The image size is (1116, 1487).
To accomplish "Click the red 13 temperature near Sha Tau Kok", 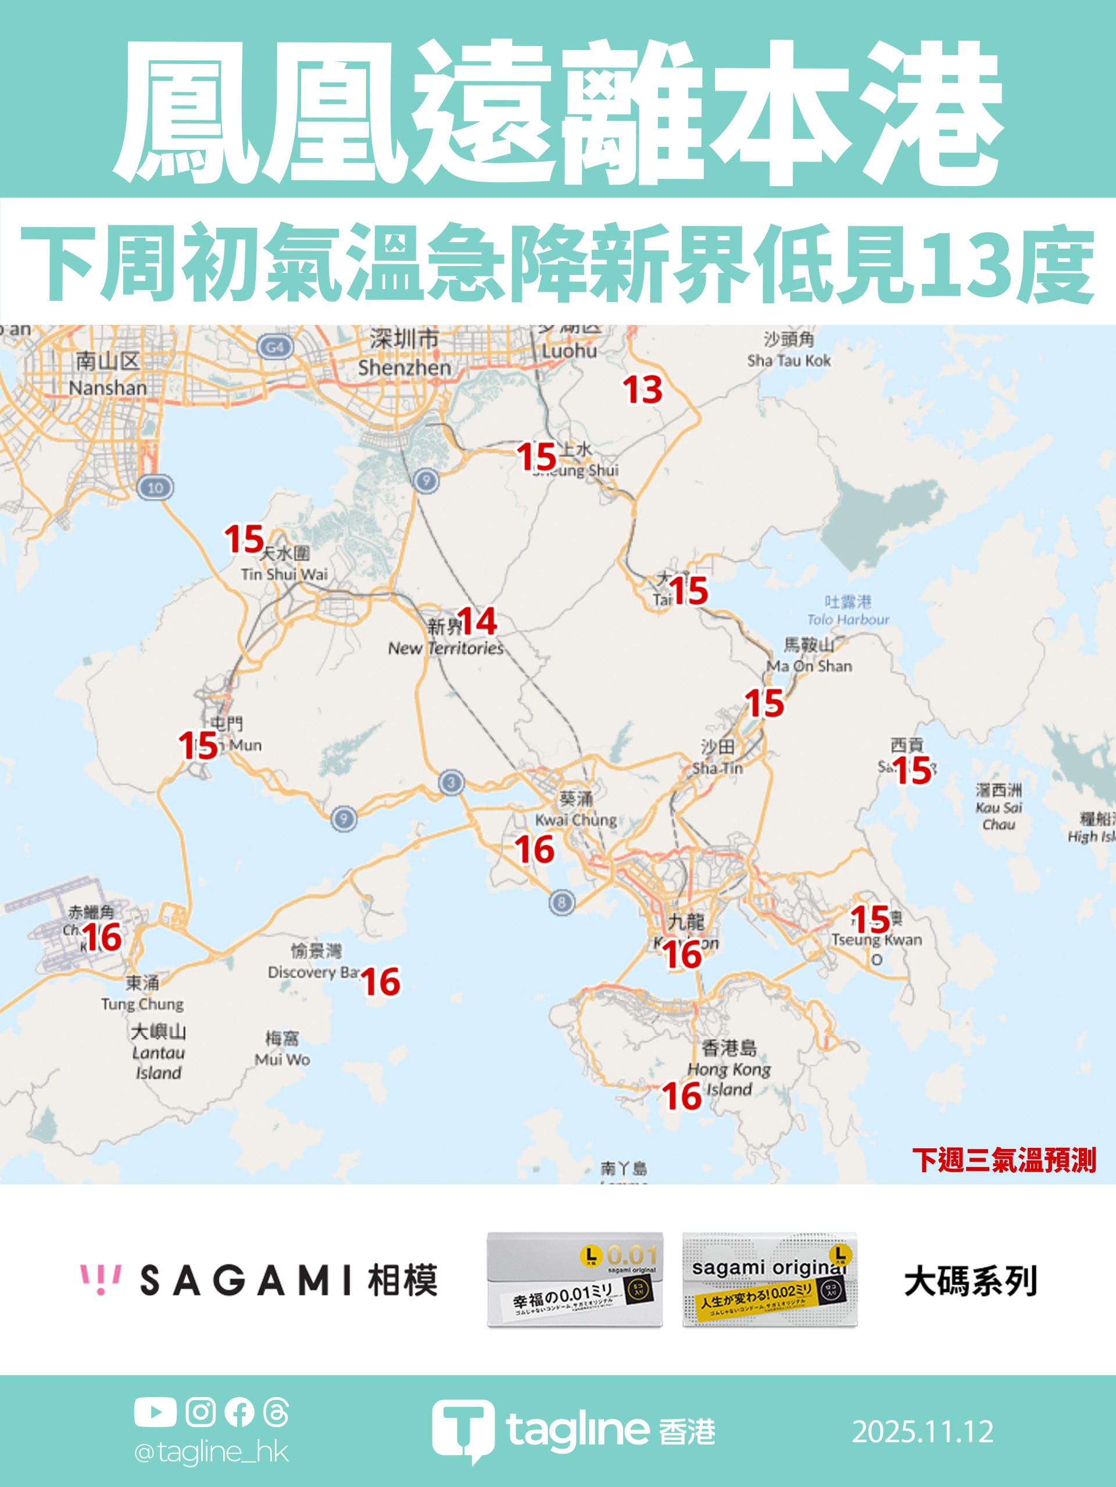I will click(642, 390).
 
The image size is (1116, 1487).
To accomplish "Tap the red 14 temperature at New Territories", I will click(477, 621).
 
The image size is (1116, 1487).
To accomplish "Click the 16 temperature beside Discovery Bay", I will click(381, 982).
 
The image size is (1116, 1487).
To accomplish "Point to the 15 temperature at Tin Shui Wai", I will click(244, 539).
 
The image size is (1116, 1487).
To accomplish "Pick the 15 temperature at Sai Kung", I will click(911, 770).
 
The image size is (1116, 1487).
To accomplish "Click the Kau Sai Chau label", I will click(998, 807).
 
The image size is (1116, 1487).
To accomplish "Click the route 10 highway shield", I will click(155, 487).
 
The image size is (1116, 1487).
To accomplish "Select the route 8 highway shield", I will click(561, 902).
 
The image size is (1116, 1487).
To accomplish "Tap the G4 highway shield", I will click(275, 347).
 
